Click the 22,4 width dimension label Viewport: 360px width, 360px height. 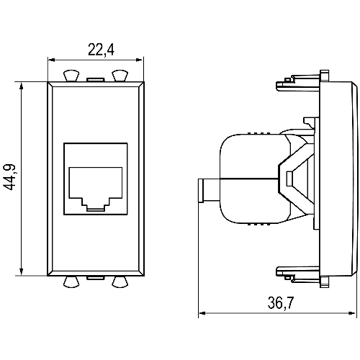click(x=101, y=50)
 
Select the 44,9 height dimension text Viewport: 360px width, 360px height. click(x=10, y=177)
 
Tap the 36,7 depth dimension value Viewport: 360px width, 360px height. click(x=281, y=302)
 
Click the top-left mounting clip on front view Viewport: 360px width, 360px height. click(x=71, y=76)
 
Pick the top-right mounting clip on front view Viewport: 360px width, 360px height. click(x=120, y=76)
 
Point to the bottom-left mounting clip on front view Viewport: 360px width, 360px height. click(x=71, y=282)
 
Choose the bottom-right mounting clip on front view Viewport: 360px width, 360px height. click(x=120, y=282)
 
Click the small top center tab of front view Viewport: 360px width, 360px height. click(x=95, y=79)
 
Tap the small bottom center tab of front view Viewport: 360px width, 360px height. click(x=96, y=278)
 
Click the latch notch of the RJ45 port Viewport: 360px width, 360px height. click(x=96, y=208)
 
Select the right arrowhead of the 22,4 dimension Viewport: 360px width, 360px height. click(x=139, y=60)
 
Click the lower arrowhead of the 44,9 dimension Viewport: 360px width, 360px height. click(x=22, y=271)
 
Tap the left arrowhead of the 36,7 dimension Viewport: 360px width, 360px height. click(x=202, y=313)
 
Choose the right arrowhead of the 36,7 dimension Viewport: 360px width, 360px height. click(x=351, y=313)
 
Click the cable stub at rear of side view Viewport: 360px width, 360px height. click(x=209, y=191)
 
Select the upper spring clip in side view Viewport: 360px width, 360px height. click(x=297, y=83)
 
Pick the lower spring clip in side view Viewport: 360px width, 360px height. click(x=297, y=274)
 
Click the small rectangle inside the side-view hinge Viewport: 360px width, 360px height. click(x=289, y=179)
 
